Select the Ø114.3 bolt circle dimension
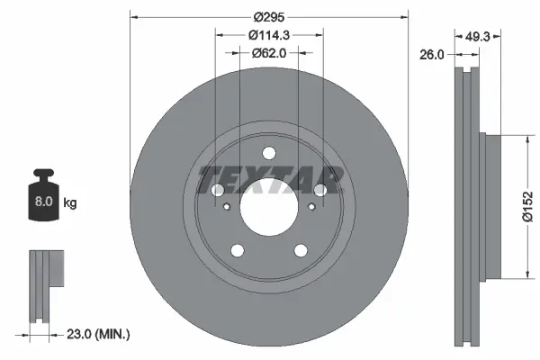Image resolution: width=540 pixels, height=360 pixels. [269, 35]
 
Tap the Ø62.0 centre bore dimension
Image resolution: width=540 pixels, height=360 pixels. [269, 53]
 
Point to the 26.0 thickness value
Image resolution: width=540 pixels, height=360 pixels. [435, 54]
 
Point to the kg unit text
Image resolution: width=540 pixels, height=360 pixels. [70, 203]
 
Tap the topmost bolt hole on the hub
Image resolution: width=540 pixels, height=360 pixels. [269, 152]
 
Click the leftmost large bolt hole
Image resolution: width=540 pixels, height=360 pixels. [219, 191]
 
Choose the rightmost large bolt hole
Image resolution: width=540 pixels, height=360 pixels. [319, 190]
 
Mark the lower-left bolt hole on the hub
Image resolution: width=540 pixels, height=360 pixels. [238, 249]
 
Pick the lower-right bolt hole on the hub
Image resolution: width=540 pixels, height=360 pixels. [300, 249]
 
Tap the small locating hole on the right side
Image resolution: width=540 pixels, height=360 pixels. [310, 208]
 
